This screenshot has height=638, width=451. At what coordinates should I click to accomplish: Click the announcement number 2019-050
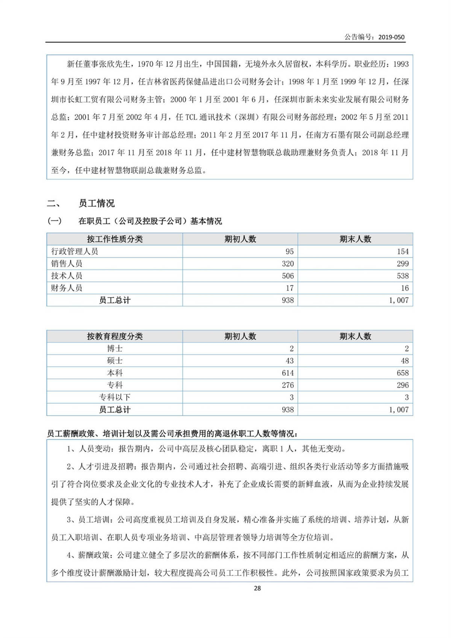[391, 37]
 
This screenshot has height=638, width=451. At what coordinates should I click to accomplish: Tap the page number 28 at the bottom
[257, 588]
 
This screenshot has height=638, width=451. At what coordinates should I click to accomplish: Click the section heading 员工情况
[97, 203]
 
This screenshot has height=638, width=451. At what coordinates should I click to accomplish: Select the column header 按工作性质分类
[115, 239]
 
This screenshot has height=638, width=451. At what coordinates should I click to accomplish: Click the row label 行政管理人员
[74, 252]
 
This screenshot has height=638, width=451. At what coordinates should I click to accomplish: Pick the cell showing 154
[403, 252]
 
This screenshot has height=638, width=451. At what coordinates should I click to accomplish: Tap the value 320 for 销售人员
[288, 264]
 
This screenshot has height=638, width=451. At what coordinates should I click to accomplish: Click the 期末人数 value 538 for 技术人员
[403, 276]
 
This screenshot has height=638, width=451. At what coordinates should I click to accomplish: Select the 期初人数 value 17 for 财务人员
[289, 288]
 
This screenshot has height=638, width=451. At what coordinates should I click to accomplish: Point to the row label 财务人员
[67, 288]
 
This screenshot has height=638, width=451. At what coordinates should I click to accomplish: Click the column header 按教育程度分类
[115, 336]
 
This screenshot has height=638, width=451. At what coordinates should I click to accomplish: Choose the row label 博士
[115, 349]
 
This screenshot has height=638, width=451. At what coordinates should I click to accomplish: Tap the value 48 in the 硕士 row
[404, 361]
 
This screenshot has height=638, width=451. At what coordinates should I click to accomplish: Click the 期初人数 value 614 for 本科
[288, 373]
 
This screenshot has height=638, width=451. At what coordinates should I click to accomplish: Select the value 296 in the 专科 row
[403, 385]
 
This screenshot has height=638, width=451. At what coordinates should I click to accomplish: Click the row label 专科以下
[115, 397]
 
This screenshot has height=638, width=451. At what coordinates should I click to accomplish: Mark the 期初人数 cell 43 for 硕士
[289, 361]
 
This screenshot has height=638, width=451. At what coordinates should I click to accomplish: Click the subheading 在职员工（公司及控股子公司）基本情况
[150, 221]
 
